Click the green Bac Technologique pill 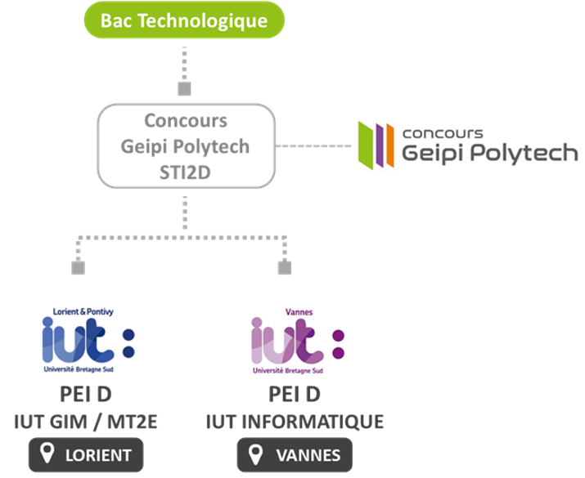pos(184,20)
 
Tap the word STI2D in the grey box pos(185,172)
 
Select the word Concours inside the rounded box pos(186,121)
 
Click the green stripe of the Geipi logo pos(366,145)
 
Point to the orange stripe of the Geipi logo pos(390,145)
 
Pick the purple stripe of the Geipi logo pos(380,145)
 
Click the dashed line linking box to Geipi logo pos(313,145)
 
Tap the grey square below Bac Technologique pos(184,89)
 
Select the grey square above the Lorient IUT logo pos(78,268)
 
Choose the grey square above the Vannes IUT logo pos(285,268)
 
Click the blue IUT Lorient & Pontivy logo pos(88,340)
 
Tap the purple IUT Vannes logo pos(297,341)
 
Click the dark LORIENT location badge pos(86,455)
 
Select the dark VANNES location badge pos(295,455)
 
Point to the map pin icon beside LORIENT pos(47,453)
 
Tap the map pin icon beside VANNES pos(255,454)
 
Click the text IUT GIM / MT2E pos(85,422)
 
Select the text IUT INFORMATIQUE pos(295,422)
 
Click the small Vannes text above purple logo pos(299,312)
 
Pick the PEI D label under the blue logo pos(86,394)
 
